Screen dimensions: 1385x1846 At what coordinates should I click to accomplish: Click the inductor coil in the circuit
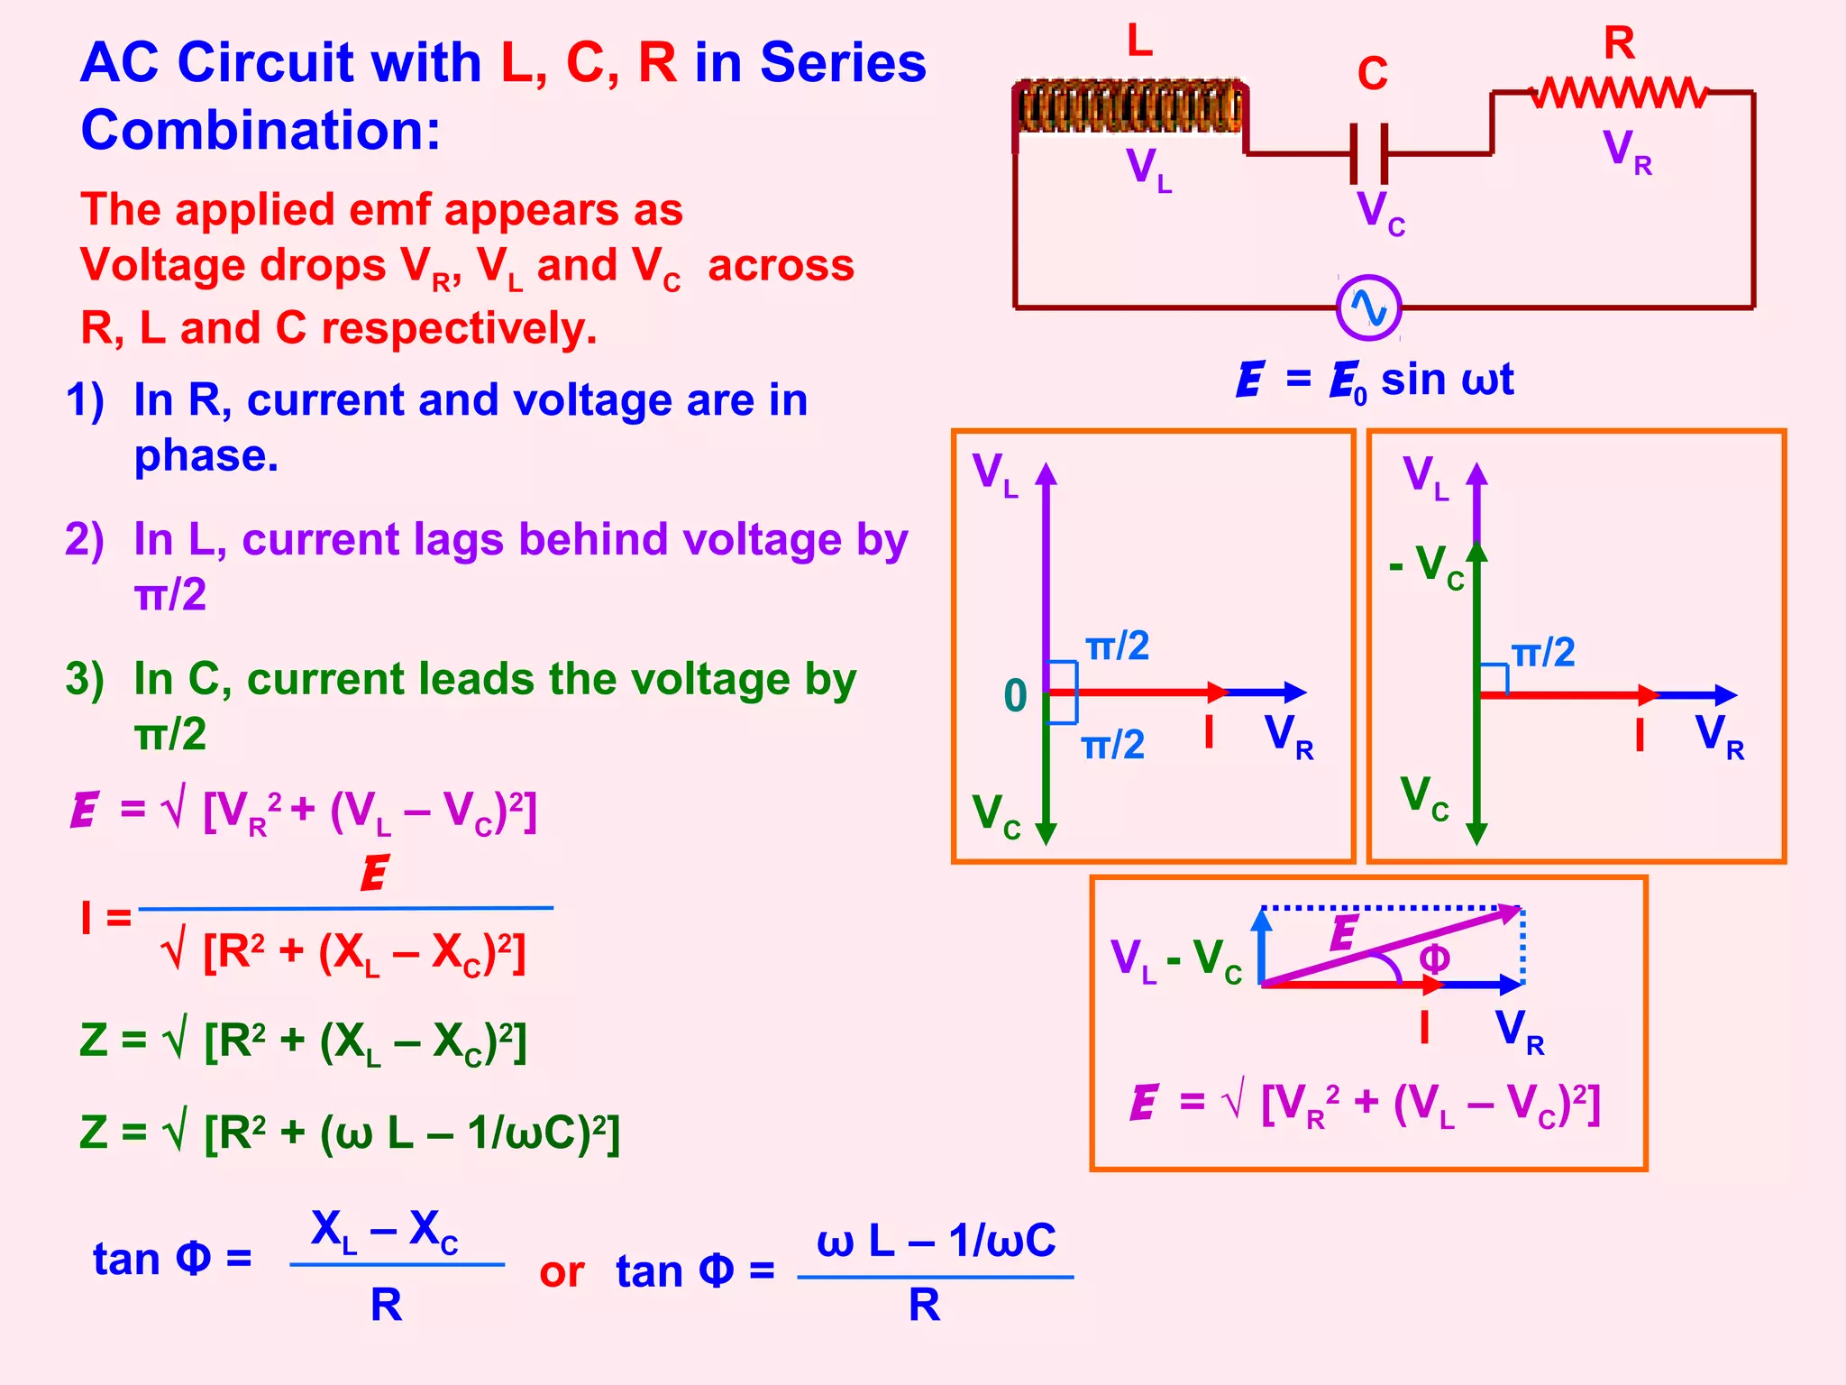point(1130,106)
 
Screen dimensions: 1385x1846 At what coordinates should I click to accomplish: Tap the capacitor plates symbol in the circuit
point(1368,153)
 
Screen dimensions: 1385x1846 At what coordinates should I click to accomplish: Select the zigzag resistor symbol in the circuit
point(1619,92)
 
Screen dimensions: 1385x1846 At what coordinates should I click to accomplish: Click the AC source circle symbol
point(1368,307)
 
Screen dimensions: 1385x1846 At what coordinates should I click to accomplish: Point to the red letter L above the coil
point(1139,41)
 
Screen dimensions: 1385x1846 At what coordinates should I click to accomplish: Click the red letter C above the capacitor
point(1372,74)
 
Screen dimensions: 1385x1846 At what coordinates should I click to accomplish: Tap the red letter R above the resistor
point(1619,43)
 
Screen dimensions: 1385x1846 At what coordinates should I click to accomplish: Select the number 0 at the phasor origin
point(1015,696)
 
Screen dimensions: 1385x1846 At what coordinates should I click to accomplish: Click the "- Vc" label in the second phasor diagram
point(1427,566)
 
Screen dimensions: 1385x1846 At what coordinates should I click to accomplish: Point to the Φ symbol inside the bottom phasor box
point(1434,958)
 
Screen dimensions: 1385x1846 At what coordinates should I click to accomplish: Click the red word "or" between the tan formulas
point(562,1272)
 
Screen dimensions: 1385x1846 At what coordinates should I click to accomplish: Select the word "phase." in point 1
point(206,456)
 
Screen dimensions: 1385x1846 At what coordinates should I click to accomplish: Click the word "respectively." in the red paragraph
point(459,328)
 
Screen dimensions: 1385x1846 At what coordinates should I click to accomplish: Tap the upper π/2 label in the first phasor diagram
point(1117,647)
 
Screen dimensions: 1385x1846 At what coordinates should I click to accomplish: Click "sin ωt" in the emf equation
point(1447,379)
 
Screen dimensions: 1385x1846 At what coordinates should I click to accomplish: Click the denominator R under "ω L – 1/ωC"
point(924,1305)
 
